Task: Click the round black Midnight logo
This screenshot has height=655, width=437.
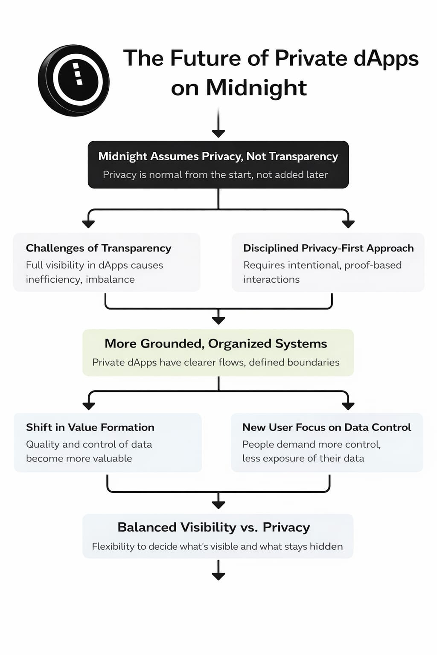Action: point(73,80)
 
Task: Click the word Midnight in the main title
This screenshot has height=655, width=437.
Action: point(256,88)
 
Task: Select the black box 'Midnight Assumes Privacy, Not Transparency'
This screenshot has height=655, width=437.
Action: point(218,165)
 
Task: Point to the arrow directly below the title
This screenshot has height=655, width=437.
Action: point(218,124)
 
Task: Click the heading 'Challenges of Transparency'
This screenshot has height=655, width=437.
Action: point(99,248)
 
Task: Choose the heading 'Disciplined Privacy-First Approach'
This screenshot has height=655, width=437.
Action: point(328,248)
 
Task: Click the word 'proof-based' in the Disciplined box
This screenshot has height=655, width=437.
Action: point(373,265)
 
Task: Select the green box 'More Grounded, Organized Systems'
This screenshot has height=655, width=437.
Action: point(218,353)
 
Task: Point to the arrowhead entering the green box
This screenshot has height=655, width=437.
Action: point(218,320)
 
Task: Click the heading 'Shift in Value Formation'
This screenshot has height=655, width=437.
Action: point(90,427)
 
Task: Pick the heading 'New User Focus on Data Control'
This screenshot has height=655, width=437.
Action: point(326,427)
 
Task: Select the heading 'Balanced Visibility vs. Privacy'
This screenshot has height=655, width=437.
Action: point(213,527)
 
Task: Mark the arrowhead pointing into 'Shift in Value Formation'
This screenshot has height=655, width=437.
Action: point(89,406)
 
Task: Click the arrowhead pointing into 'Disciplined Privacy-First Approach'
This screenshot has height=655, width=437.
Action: point(348,223)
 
